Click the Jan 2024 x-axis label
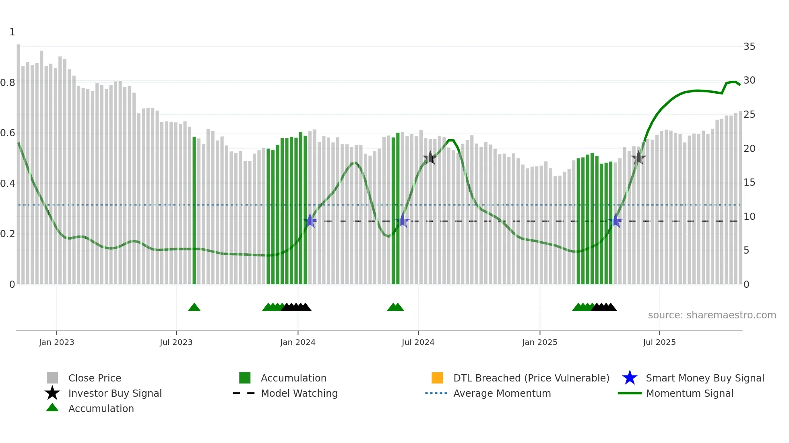(x=297, y=342)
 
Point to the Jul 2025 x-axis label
(x=659, y=342)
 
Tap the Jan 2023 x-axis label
(x=56, y=342)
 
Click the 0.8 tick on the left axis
(x=8, y=83)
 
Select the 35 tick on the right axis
(x=749, y=47)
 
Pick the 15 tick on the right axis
(x=749, y=183)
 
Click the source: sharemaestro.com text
(x=712, y=315)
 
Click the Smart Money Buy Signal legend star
(x=630, y=378)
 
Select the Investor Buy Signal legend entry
(x=115, y=393)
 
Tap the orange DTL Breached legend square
(x=437, y=378)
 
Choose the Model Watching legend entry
(x=299, y=393)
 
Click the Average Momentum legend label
(x=502, y=393)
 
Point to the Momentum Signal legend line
(x=630, y=393)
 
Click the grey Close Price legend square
(x=52, y=378)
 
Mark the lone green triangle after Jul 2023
(x=194, y=308)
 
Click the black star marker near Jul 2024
(x=430, y=158)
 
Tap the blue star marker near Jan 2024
(x=310, y=221)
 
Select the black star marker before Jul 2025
(x=638, y=158)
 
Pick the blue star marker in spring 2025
(x=615, y=221)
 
